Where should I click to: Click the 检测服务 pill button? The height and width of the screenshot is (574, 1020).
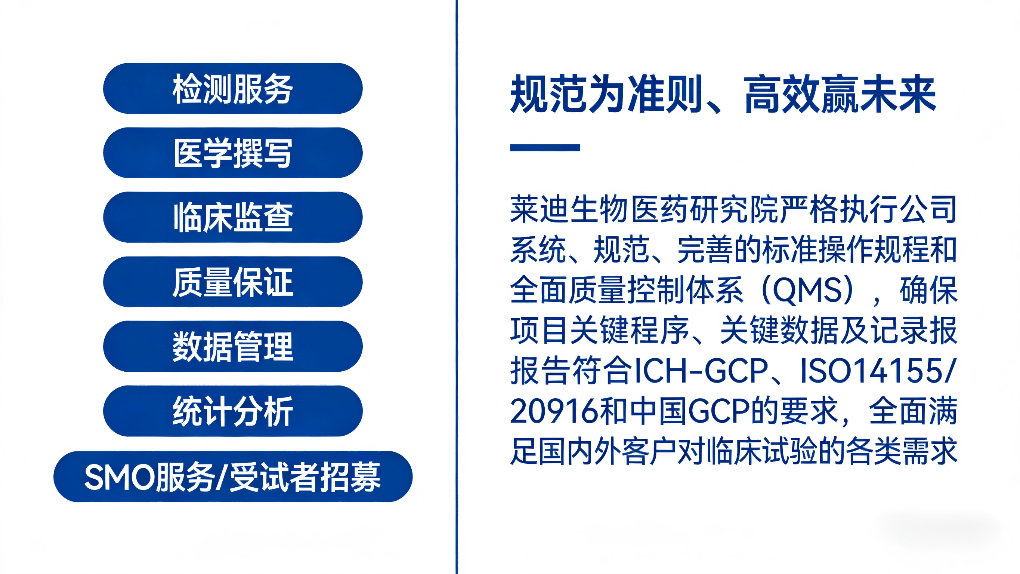tap(233, 88)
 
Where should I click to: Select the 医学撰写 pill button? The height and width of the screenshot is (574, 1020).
tap(233, 153)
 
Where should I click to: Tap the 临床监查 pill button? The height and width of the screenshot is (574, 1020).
tap(233, 217)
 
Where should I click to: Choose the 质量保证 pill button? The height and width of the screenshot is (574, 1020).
tap(233, 282)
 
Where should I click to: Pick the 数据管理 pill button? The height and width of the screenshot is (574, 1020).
tap(233, 346)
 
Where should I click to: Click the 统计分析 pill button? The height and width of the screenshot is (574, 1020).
tap(233, 411)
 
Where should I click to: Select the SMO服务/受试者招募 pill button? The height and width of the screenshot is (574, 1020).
tap(233, 476)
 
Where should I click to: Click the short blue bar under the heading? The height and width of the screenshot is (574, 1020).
tap(545, 147)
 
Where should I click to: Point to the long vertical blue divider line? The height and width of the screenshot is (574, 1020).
tap(457, 287)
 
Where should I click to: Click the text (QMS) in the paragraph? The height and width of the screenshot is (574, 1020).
tap(807, 291)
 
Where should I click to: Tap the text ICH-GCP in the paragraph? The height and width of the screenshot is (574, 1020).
tap(701, 371)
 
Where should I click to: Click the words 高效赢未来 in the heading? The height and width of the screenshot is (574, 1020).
tap(840, 94)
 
